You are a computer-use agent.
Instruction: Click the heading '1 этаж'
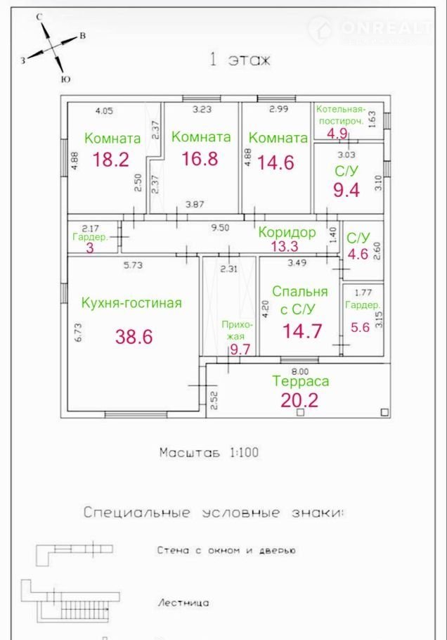[x=240, y=60]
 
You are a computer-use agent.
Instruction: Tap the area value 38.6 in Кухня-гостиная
[x=134, y=337]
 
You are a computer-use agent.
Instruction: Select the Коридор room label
[x=287, y=232]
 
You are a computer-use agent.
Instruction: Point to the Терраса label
[x=301, y=381]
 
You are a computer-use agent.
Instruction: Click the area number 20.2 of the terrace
[x=299, y=400]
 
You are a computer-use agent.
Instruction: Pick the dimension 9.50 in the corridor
[x=220, y=227]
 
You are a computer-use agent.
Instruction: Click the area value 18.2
[x=111, y=159]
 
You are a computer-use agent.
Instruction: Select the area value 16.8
[x=200, y=158]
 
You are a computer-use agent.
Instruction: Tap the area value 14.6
[x=276, y=162]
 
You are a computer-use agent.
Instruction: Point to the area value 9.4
[x=346, y=190]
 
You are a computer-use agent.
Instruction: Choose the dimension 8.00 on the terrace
[x=300, y=371]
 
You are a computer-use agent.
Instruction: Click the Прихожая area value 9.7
[x=240, y=349]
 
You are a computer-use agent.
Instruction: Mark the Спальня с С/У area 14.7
[x=302, y=331]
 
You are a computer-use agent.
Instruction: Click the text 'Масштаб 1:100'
[x=209, y=452]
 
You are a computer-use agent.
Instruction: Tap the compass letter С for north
[x=39, y=17]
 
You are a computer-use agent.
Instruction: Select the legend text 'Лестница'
[x=183, y=603]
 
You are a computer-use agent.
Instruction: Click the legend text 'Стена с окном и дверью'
[x=226, y=550]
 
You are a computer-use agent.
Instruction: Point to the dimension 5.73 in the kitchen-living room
[x=133, y=265]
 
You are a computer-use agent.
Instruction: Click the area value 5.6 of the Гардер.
[x=360, y=327]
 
